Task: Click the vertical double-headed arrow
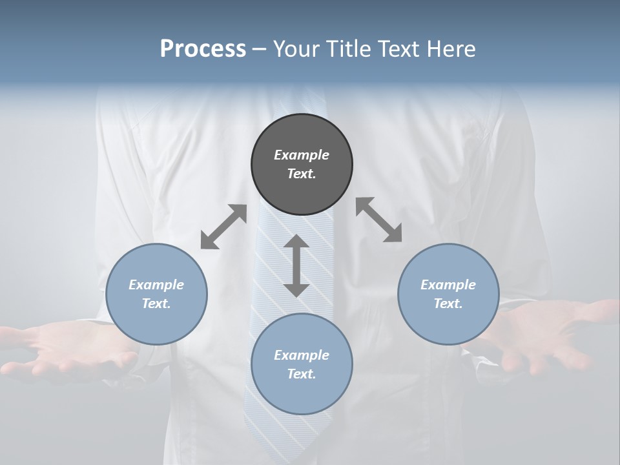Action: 296,265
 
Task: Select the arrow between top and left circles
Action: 223,227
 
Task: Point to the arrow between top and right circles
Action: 379,220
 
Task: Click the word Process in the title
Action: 203,49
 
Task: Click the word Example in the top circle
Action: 302,155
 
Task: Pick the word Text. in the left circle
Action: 156,304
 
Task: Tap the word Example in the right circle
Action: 448,285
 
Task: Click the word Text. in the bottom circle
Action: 302,374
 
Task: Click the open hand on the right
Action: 549,336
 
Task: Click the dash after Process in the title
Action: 260,50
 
